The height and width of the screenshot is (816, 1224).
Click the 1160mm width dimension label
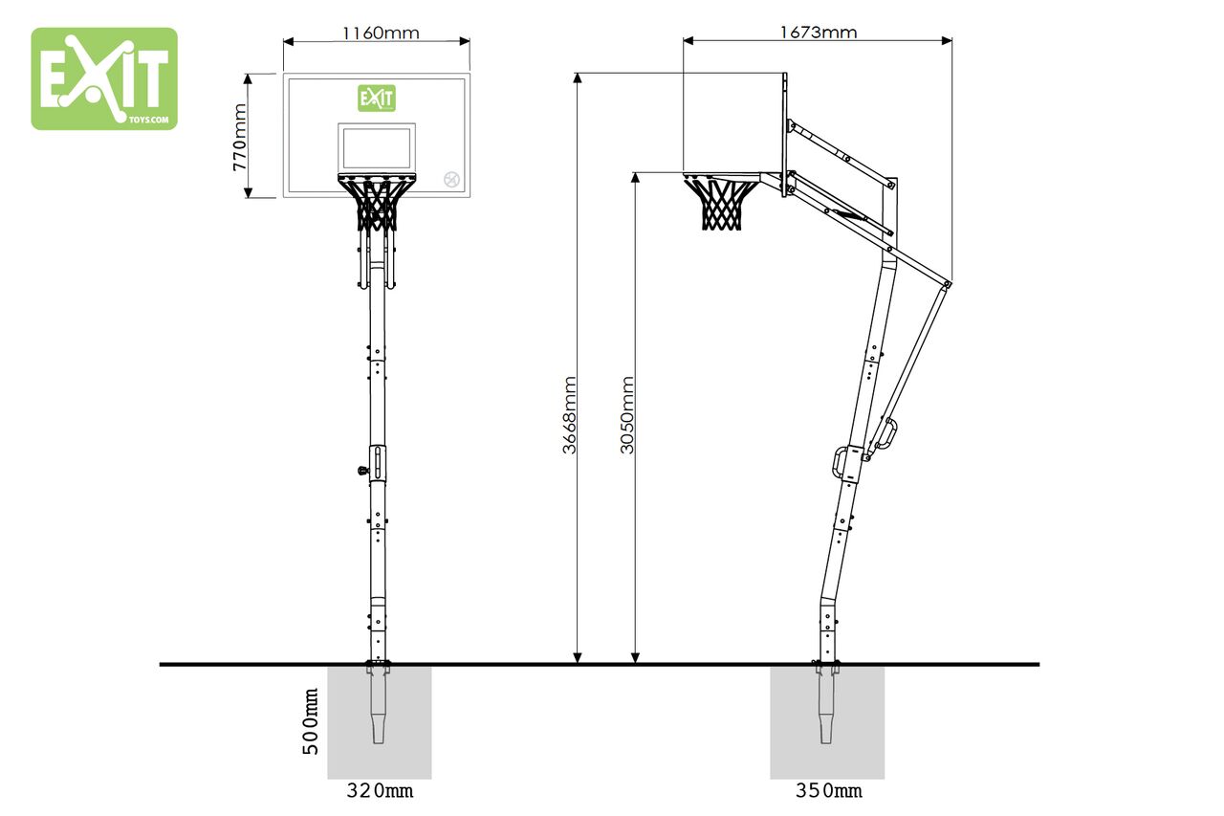pyautogui.click(x=381, y=33)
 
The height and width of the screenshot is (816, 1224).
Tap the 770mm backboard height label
pyautogui.click(x=240, y=137)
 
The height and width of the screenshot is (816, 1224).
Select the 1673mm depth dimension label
pyautogui.click(x=818, y=33)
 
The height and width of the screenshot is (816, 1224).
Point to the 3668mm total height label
pyautogui.click(x=569, y=415)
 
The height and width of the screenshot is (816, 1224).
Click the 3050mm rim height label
pyautogui.click(x=627, y=415)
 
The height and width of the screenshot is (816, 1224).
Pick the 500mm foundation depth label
pyautogui.click(x=311, y=721)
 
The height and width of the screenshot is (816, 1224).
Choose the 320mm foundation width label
pyautogui.click(x=380, y=790)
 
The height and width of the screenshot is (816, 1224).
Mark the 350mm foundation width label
pyautogui.click(x=829, y=790)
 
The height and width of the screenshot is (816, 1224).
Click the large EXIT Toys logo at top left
pyautogui.click(x=104, y=78)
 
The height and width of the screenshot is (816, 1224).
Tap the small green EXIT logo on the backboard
pyautogui.click(x=377, y=99)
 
